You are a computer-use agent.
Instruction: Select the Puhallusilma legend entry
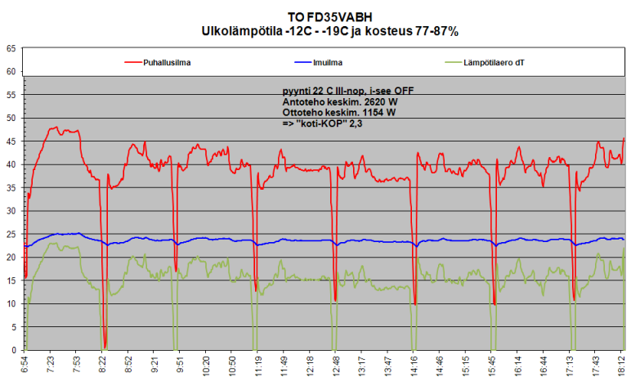[168, 61]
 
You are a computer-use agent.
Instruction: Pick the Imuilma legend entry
[327, 61]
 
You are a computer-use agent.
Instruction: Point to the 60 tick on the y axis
[11, 72]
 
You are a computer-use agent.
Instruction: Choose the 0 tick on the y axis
[14, 351]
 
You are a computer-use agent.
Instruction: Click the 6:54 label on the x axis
[25, 366]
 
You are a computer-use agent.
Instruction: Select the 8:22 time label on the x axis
[102, 366]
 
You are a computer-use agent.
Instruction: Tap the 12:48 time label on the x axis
[335, 366]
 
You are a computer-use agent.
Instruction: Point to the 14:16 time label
[413, 366]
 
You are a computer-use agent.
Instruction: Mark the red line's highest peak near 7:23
[55, 128]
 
